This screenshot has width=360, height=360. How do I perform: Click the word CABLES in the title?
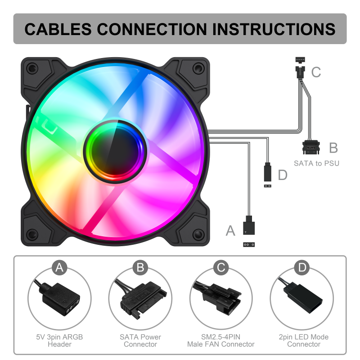(x=58, y=29)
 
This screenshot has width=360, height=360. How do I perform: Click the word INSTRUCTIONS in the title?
(x=274, y=29)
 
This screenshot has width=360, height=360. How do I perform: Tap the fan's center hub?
(x=115, y=152)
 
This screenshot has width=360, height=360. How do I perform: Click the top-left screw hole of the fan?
(x=32, y=68)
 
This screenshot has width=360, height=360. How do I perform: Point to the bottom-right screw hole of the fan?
(x=198, y=234)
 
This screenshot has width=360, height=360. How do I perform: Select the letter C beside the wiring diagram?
(x=316, y=72)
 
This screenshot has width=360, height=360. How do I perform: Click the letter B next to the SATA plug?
(x=333, y=148)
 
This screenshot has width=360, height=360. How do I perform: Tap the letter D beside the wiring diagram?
(x=283, y=175)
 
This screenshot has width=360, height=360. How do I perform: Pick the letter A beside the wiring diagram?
(x=230, y=230)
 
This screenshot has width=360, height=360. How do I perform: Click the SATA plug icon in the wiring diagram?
(x=311, y=148)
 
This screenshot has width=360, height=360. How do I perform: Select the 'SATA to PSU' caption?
(x=316, y=163)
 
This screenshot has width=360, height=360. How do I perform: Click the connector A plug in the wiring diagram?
(x=249, y=225)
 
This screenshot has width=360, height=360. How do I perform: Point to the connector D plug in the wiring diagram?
(x=268, y=172)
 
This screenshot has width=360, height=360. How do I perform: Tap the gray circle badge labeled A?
(x=59, y=267)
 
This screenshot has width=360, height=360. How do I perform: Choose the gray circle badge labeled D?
(x=302, y=267)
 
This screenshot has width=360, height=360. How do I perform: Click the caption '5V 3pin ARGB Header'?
(x=59, y=341)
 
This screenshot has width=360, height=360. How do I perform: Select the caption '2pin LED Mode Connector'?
(x=303, y=341)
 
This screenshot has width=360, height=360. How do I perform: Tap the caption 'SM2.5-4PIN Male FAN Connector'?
(x=220, y=341)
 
